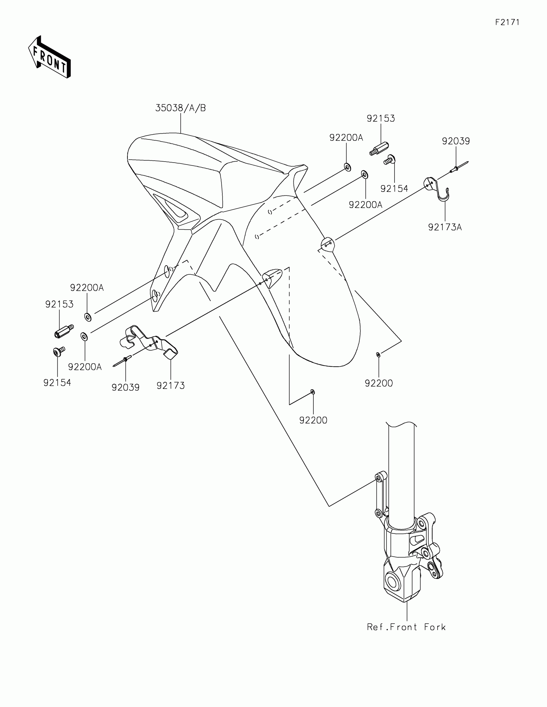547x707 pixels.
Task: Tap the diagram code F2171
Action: point(507,22)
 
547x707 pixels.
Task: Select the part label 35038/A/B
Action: point(181,108)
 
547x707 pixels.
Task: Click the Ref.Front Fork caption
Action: point(406,627)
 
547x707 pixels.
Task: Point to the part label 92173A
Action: point(445,227)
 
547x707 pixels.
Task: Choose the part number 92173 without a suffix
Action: point(171,386)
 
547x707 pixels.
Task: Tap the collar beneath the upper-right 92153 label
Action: point(379,149)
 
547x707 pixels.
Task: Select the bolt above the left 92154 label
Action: point(58,352)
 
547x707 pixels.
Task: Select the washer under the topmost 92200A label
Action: point(348,167)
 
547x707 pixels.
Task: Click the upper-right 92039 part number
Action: point(456,141)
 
